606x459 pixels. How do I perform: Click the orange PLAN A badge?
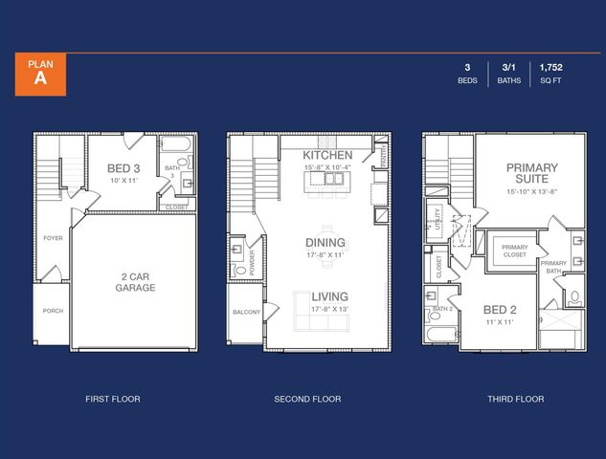point(39,74)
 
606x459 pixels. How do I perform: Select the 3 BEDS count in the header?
point(467,74)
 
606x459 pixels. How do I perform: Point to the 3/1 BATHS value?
point(508,74)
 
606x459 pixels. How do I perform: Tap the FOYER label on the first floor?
point(53,238)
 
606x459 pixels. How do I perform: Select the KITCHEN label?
point(327,155)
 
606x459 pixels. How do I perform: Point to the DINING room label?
point(325,243)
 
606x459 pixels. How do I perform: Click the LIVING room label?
point(329,296)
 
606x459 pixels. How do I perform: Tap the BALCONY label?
point(245,313)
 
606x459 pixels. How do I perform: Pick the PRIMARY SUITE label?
point(531,174)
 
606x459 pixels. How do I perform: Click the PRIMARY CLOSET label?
point(514,251)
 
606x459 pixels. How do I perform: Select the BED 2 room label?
point(499,311)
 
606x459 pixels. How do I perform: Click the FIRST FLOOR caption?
point(112,399)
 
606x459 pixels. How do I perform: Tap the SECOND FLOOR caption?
point(307,399)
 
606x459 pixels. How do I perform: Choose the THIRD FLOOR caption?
point(514,399)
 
